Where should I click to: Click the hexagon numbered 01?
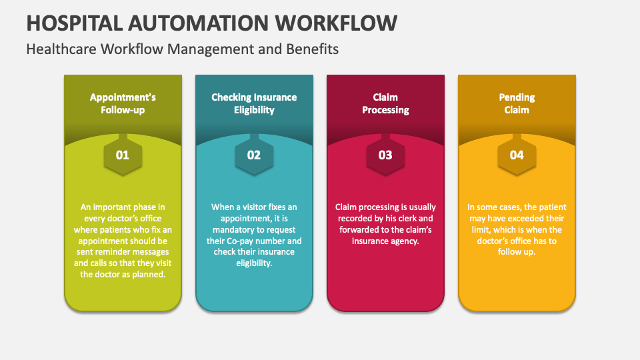click(123, 155)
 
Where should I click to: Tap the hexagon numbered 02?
click(254, 155)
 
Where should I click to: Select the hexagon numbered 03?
click(385, 155)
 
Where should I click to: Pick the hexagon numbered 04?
click(517, 155)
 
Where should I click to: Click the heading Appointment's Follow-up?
click(123, 103)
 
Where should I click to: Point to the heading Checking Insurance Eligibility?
click(254, 103)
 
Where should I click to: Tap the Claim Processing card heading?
click(385, 103)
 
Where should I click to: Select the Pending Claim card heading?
click(517, 103)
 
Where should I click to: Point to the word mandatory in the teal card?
click(232, 229)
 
